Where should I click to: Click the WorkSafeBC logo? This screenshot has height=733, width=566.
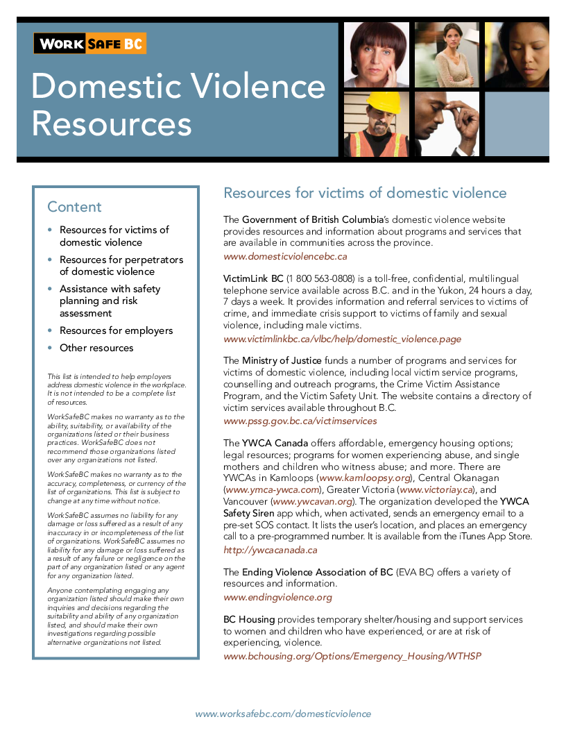click(x=90, y=44)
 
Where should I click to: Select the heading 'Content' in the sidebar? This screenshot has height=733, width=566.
click(x=74, y=207)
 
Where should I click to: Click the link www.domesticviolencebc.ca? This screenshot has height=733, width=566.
click(x=285, y=256)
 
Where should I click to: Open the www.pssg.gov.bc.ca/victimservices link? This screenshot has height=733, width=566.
click(x=300, y=421)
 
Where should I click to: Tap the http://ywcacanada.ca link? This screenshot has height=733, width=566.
click(x=271, y=550)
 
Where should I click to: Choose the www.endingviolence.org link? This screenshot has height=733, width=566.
click(x=277, y=597)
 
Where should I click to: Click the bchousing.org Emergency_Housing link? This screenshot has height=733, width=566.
click(x=352, y=656)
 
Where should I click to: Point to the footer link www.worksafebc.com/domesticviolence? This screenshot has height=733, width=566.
click(x=283, y=714)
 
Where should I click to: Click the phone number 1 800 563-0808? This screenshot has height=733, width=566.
click(x=320, y=278)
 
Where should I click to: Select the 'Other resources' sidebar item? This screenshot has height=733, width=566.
click(x=96, y=348)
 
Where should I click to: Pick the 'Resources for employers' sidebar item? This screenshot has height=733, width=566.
click(x=116, y=330)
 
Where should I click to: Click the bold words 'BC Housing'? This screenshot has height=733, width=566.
click(x=249, y=619)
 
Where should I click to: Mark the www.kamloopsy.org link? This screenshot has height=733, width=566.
click(x=365, y=479)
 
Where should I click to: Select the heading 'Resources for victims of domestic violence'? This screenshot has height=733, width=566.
click(x=365, y=193)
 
